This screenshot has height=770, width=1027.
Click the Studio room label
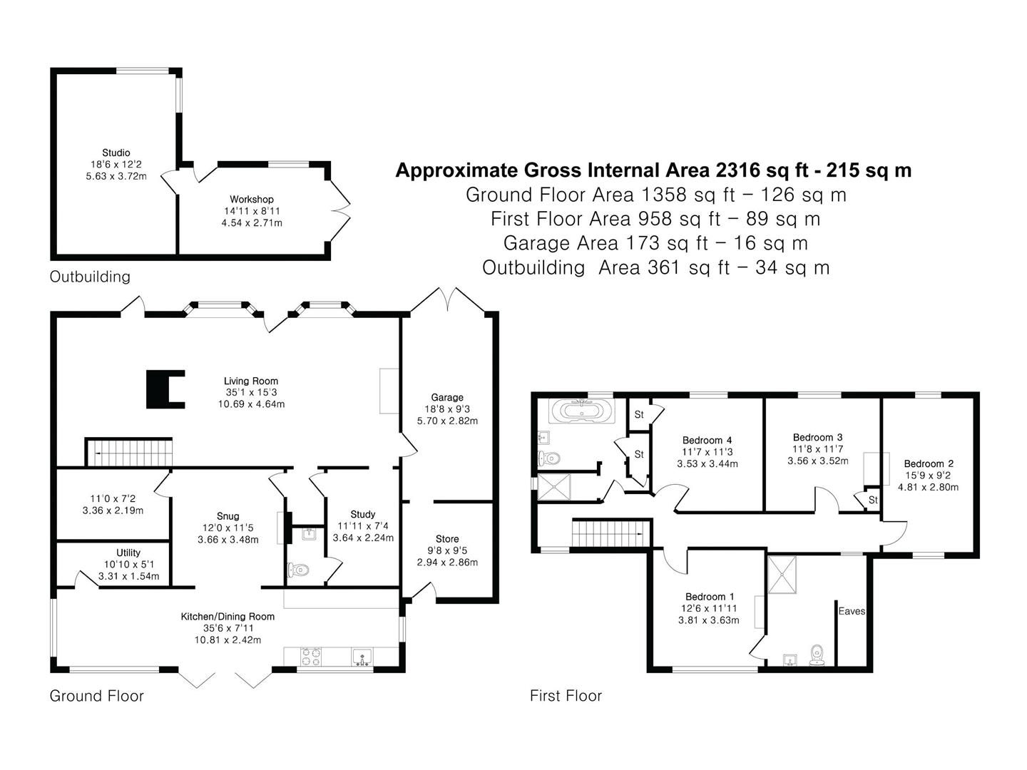(x=116, y=153)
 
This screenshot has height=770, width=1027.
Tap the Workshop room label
(x=252, y=200)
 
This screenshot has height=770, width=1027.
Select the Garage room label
(x=447, y=397)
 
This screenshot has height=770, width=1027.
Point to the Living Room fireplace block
(x=165, y=389)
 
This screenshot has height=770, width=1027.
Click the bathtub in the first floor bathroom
(x=581, y=411)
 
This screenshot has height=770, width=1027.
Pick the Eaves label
(x=852, y=611)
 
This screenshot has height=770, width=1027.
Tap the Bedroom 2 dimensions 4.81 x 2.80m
(x=929, y=487)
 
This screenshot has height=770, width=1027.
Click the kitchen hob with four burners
(x=311, y=657)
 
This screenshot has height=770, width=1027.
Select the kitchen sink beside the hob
(x=362, y=657)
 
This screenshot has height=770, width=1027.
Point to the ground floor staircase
(x=128, y=452)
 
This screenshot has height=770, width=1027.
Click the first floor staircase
(x=611, y=533)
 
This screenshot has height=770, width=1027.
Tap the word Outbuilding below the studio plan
(x=90, y=277)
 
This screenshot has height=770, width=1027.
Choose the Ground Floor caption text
(x=96, y=696)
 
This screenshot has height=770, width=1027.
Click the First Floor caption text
(x=566, y=696)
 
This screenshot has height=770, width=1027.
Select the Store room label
(x=447, y=539)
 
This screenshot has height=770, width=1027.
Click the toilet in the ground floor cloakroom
(x=299, y=570)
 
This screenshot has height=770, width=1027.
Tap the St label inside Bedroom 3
(x=873, y=500)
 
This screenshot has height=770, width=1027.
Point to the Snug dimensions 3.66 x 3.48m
(x=228, y=540)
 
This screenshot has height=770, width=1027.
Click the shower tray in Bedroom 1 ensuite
(x=782, y=575)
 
